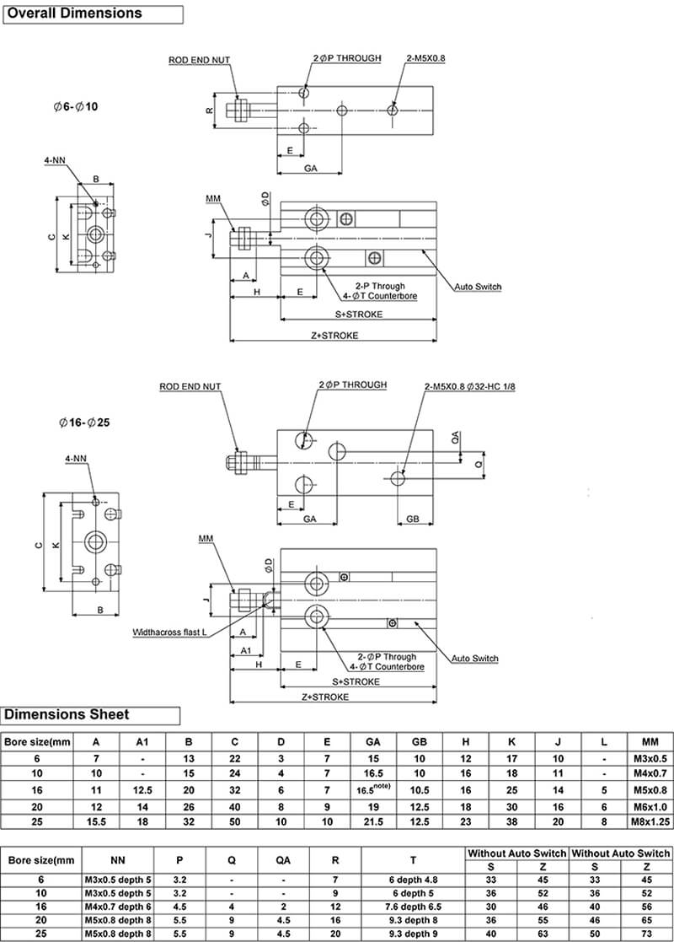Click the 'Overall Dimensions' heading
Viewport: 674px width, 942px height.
click(x=74, y=13)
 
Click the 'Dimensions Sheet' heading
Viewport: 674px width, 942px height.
click(x=67, y=715)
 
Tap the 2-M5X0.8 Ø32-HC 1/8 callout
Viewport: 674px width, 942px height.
click(x=470, y=386)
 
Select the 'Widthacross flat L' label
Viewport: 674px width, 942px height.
click(x=169, y=632)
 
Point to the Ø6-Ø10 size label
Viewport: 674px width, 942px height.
click(x=75, y=107)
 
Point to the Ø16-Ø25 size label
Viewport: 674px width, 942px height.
click(x=84, y=423)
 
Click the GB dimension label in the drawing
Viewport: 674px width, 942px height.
click(x=413, y=519)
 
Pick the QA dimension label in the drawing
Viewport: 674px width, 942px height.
click(x=455, y=438)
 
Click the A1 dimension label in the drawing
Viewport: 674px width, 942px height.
click(x=245, y=650)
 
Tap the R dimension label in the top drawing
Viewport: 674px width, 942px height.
click(x=209, y=110)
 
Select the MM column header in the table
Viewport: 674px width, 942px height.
click(x=650, y=742)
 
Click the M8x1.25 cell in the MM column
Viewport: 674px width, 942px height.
click(x=650, y=822)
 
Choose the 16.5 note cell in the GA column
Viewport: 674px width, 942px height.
click(x=373, y=789)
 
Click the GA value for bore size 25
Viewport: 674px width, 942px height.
click(x=373, y=822)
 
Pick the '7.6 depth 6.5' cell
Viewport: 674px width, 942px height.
click(x=413, y=907)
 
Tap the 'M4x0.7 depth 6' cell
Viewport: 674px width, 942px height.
click(x=118, y=907)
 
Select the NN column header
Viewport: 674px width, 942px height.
click(x=118, y=860)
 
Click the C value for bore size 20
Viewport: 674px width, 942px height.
click(x=235, y=807)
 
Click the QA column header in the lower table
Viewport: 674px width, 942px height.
click(x=283, y=860)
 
